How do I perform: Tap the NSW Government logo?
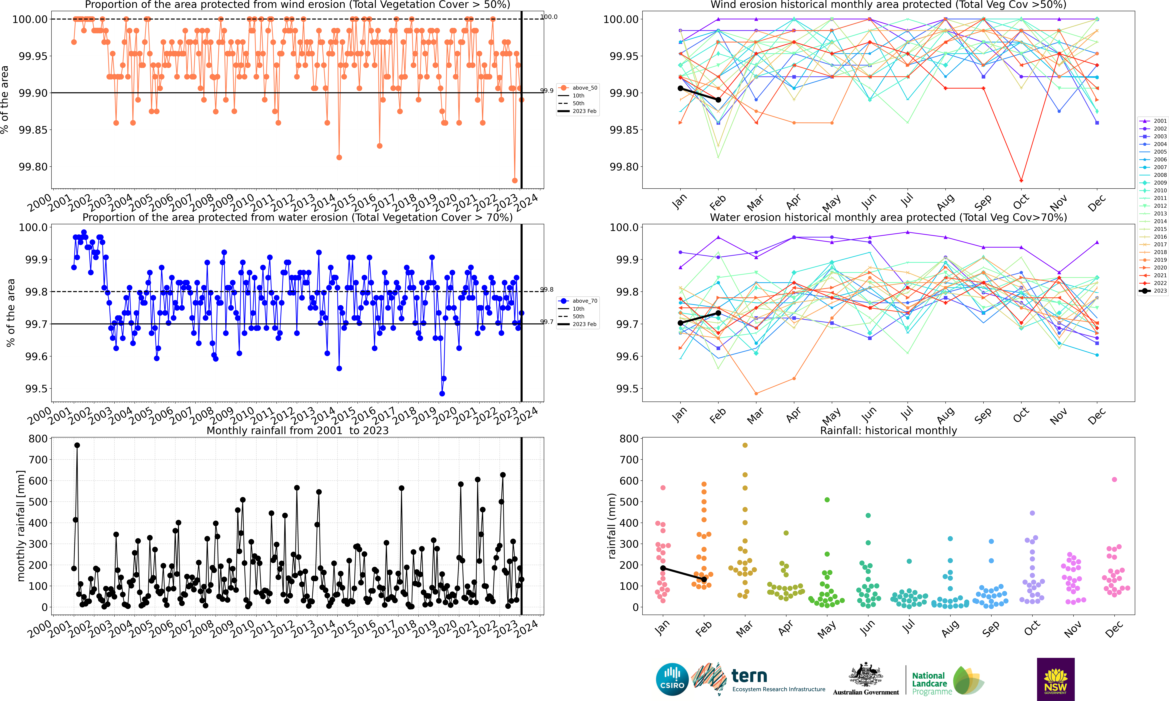(1055, 679)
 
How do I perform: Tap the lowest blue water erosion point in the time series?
(442, 393)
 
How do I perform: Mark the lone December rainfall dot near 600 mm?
(1114, 479)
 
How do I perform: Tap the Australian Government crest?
(865, 675)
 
